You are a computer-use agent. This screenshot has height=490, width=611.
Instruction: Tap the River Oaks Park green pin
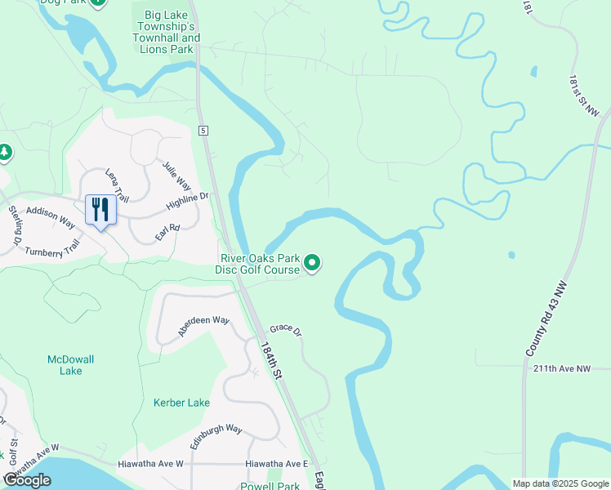312,263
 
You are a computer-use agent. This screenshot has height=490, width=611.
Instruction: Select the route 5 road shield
203,131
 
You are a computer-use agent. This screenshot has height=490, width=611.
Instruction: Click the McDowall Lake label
65,364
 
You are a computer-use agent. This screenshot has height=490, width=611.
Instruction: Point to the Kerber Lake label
181,403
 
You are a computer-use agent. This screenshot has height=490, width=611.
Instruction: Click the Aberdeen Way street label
204,325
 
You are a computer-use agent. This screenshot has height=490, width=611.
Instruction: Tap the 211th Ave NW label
560,369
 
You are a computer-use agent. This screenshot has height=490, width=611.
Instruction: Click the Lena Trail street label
117,185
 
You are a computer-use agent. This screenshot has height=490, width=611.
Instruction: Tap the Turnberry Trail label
53,246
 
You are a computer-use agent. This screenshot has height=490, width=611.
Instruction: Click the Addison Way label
51,217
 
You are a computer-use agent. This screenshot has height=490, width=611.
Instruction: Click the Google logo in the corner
28,479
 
